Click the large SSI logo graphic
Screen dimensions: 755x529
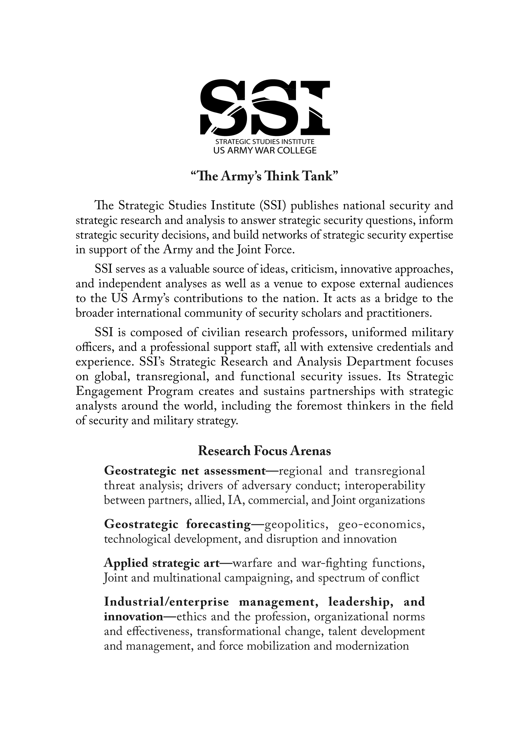tap(264, 108)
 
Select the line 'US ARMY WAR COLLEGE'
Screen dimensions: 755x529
tap(264, 151)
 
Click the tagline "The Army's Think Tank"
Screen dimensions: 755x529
tap(264, 176)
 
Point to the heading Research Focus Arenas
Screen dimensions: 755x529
tap(264, 451)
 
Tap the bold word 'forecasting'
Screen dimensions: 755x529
tap(218, 524)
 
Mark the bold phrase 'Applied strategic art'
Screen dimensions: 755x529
tap(162, 563)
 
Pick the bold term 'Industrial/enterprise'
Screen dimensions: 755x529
tap(167, 602)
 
